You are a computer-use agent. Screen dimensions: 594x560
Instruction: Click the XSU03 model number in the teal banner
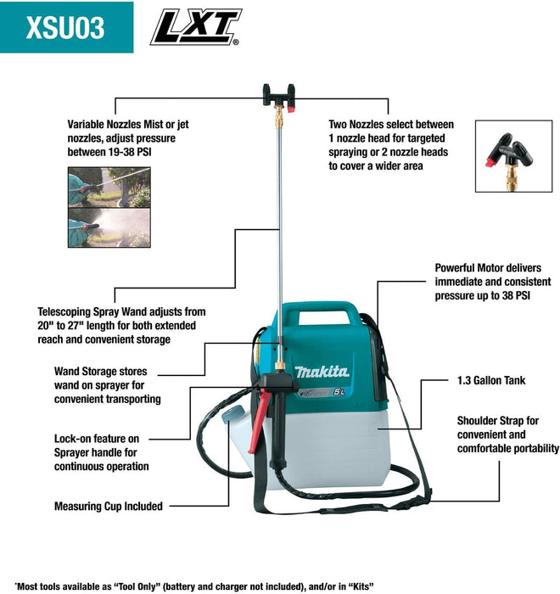(65, 27)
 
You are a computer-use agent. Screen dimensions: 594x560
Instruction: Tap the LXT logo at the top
(196, 26)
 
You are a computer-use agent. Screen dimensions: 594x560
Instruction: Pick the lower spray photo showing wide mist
(109, 228)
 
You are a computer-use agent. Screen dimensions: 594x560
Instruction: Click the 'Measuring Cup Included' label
(108, 506)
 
